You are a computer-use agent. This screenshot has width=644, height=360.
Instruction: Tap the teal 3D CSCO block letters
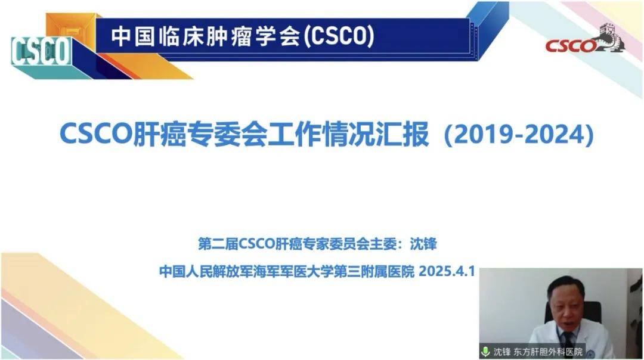tap(41, 51)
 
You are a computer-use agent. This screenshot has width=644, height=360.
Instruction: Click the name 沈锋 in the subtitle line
tap(423, 244)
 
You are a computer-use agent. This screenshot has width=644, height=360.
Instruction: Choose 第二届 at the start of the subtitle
tap(218, 244)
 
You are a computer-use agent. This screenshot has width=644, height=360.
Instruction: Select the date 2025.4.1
tap(447, 271)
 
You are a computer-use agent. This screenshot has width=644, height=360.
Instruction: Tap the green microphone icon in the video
tap(485, 352)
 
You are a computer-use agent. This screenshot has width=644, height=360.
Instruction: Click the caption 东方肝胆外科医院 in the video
tap(548, 352)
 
